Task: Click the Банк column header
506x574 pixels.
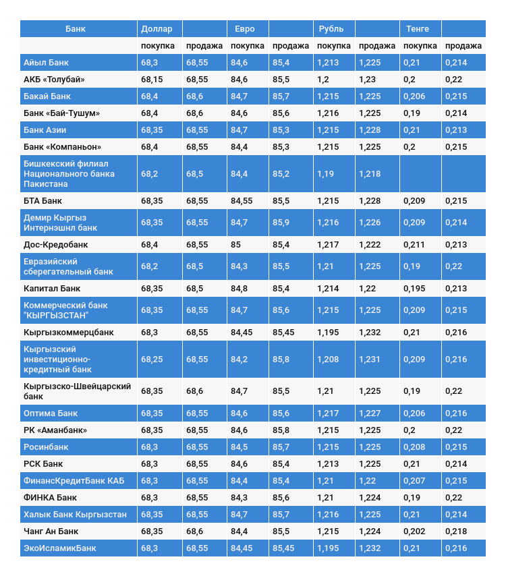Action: [76, 29]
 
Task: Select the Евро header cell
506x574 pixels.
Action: [245, 29]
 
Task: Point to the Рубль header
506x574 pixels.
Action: [331, 29]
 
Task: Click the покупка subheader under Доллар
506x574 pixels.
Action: [158, 46]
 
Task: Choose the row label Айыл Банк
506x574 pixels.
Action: [46, 63]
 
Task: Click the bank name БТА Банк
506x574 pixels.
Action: [43, 201]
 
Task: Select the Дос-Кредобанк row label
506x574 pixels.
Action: [56, 245]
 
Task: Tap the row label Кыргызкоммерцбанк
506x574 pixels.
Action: [69, 333]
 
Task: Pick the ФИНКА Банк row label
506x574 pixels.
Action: [50, 498]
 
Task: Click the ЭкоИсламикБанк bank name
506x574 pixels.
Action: [60, 548]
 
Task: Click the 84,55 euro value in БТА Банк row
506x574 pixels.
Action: [242, 201]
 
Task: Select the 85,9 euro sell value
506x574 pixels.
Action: [281, 223]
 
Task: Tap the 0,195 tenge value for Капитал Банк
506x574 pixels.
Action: [414, 289]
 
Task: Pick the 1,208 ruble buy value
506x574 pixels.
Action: [328, 360]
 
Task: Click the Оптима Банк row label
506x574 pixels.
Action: [51, 413]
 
